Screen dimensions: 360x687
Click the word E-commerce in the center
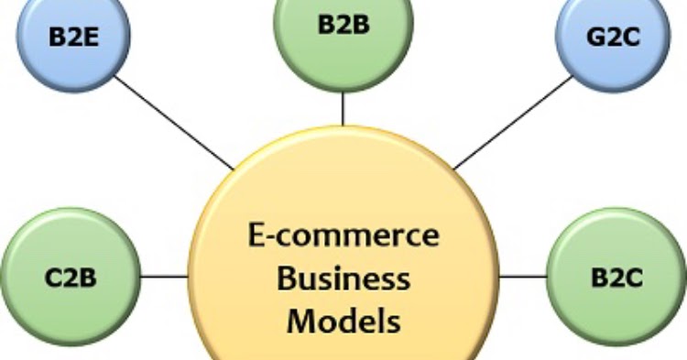point(343,235)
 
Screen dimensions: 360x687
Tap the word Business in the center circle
point(343,278)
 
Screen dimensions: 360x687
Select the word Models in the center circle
point(343,320)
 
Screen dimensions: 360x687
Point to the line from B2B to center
point(343,109)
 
